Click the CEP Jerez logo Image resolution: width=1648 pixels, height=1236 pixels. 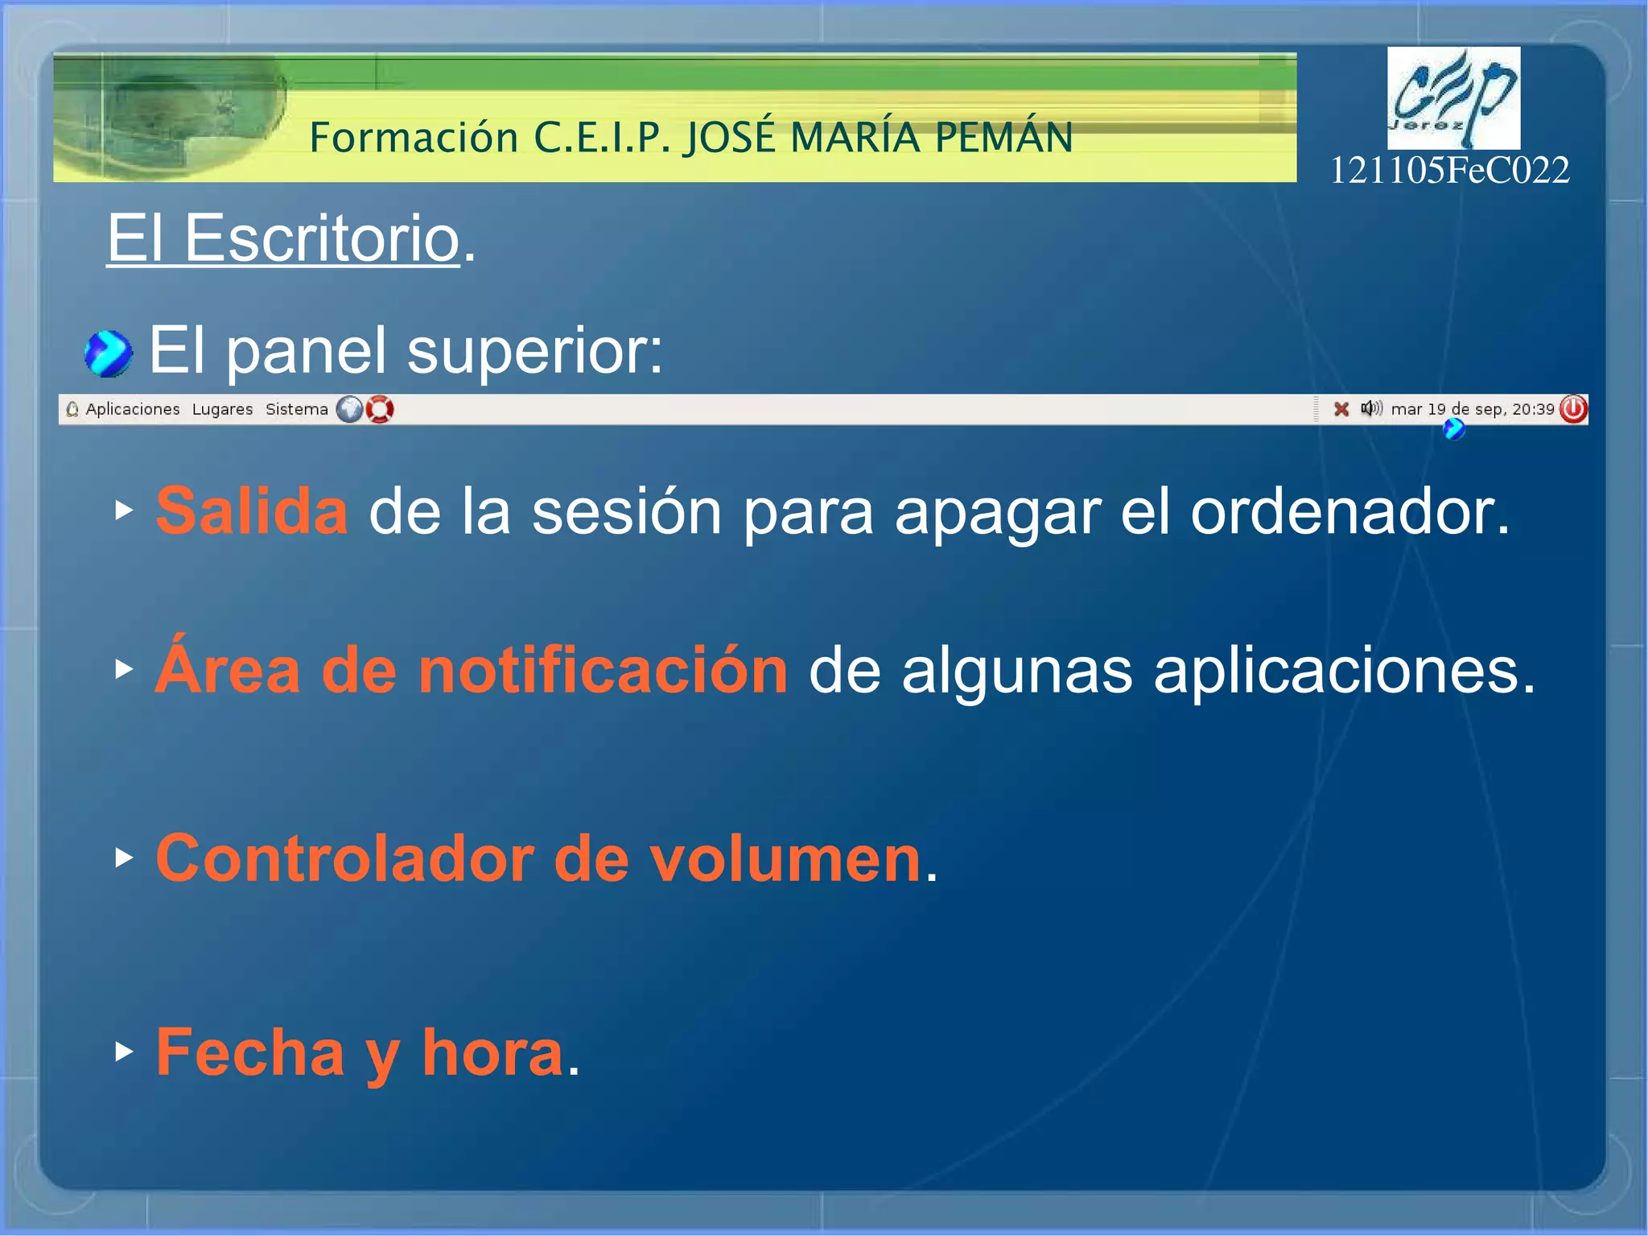pyautogui.click(x=1452, y=97)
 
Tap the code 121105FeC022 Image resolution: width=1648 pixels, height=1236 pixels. pyautogui.click(x=1449, y=170)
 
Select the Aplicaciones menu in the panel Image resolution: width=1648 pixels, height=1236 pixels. pyautogui.click(x=132, y=409)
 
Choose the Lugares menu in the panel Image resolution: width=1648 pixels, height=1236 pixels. pyautogui.click(x=222, y=409)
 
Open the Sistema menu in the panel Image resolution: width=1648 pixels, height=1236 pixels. pyautogui.click(x=296, y=409)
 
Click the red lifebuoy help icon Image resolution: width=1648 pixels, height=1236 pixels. pyautogui.click(x=380, y=409)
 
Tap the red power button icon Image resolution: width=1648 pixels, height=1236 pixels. pyautogui.click(x=1573, y=409)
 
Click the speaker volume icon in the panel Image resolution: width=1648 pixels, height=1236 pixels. pyautogui.click(x=1370, y=409)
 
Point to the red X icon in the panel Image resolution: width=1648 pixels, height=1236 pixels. pyautogui.click(x=1341, y=409)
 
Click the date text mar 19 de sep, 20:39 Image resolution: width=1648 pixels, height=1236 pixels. pyautogui.click(x=1472, y=409)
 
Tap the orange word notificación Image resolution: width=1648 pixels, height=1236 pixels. pyautogui.click(x=603, y=670)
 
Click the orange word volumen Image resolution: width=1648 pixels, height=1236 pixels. pyautogui.click(x=785, y=858)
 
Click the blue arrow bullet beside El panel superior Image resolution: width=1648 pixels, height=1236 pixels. pyautogui.click(x=108, y=353)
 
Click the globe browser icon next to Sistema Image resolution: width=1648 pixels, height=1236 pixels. pyautogui.click(x=349, y=409)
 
